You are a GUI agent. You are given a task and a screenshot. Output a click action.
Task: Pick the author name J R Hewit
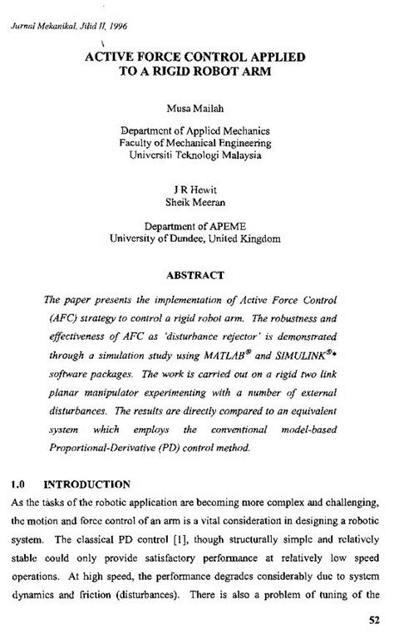(196, 189)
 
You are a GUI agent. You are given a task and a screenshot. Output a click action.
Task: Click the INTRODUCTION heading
(86, 483)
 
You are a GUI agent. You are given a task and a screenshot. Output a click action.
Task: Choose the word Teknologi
(190, 155)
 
